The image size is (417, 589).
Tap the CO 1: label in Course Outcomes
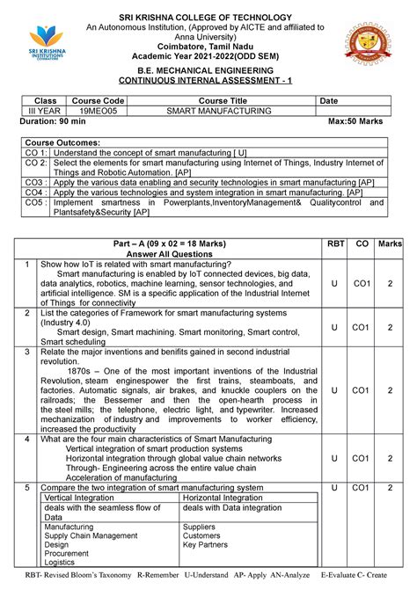35,153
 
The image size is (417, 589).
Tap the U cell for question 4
334,458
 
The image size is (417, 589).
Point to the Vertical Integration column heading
80,498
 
